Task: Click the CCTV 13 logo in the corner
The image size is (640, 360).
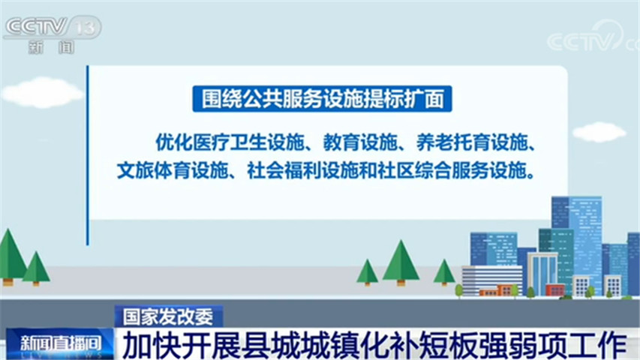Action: coord(53,28)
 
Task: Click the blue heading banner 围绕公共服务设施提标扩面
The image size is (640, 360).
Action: coord(322,99)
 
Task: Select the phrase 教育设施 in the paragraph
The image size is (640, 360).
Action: coord(359,142)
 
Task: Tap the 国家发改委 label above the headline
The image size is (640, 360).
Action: coord(168,316)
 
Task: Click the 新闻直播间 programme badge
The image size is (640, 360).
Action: coord(60,343)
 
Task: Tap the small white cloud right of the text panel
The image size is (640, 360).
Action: coord(599,132)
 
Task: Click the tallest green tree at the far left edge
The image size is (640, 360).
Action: coord(11,257)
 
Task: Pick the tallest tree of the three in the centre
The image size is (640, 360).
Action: coord(401,262)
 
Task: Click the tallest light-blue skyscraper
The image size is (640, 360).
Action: coord(577,241)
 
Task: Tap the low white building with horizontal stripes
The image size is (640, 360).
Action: coord(492,280)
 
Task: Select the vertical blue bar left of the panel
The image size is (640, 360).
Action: coord(87,155)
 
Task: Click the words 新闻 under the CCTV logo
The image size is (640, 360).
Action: coord(52,47)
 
